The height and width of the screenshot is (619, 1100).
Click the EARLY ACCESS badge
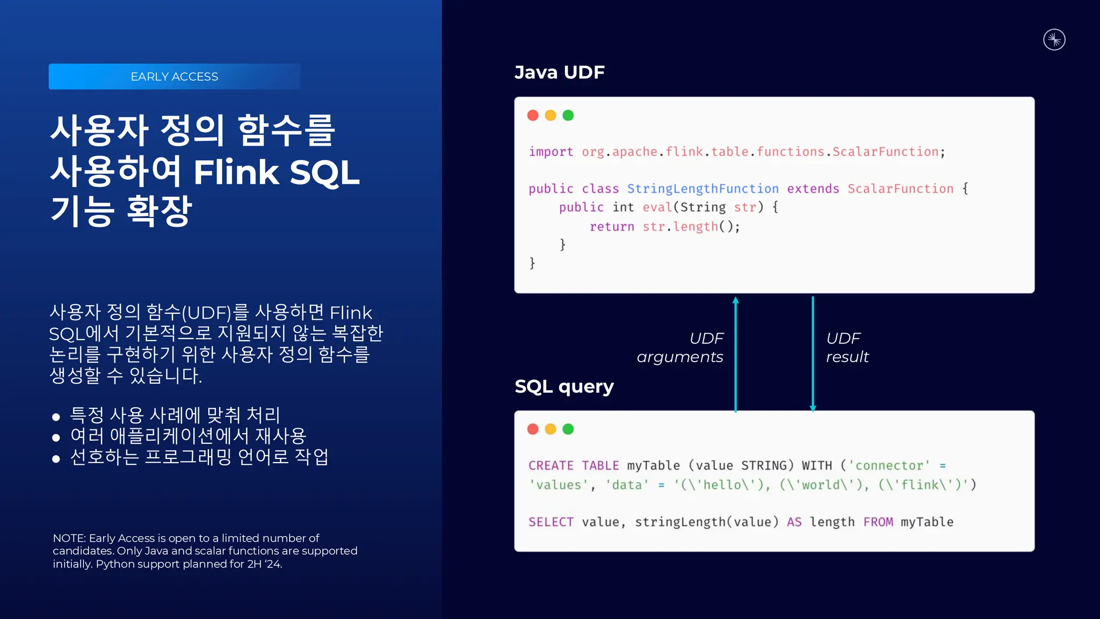(x=174, y=76)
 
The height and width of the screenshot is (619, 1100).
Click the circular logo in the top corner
(x=1054, y=40)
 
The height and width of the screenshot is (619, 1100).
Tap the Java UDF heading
(x=559, y=72)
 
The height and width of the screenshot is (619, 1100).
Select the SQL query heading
(x=564, y=386)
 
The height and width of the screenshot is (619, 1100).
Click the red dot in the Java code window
(x=533, y=116)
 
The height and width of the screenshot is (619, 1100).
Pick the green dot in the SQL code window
(x=568, y=429)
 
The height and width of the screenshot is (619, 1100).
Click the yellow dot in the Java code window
(x=551, y=116)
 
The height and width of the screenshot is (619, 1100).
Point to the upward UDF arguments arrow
(x=735, y=355)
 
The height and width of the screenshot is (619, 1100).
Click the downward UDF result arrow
(x=813, y=355)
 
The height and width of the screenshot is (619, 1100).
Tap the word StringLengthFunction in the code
(x=703, y=189)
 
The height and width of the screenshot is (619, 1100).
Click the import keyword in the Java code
(x=551, y=152)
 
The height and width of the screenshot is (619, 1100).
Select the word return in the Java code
(x=612, y=227)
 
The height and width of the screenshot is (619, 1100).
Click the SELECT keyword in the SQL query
(x=551, y=522)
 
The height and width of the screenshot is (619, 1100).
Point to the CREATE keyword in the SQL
(x=551, y=466)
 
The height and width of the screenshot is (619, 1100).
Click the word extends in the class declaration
(x=813, y=189)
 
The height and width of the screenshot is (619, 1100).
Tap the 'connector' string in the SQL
(x=889, y=466)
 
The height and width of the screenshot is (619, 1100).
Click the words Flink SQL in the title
(x=276, y=172)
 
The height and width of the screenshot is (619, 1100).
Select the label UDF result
(x=846, y=348)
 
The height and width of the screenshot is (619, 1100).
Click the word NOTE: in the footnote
(x=69, y=538)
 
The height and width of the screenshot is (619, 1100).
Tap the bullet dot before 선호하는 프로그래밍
(x=56, y=459)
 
